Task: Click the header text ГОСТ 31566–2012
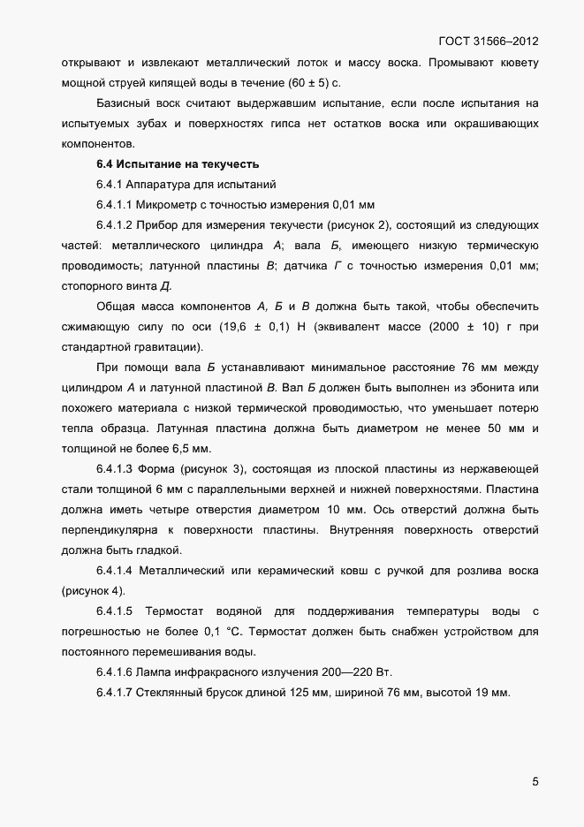tap(489, 42)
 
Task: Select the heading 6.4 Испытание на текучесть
tap(176, 163)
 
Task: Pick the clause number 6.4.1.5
tap(113, 611)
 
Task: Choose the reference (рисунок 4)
tap(95, 590)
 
